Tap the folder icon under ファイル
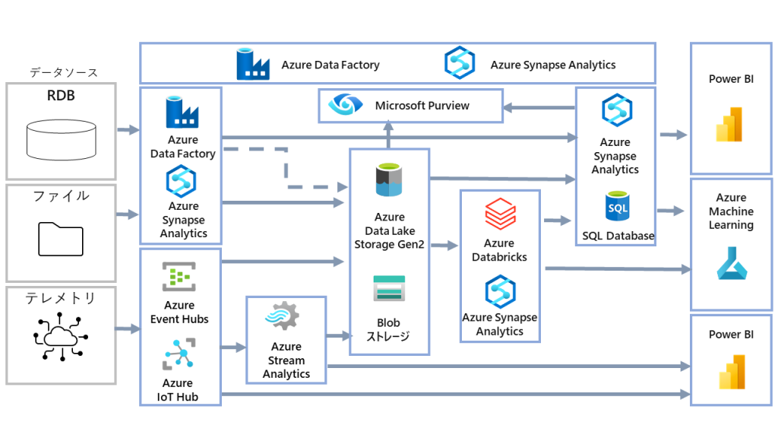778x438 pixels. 61,238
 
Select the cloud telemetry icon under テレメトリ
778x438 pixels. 61,335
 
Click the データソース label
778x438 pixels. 64,72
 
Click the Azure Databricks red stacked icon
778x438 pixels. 500,214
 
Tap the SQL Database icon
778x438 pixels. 617,207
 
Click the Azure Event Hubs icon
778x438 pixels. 179,277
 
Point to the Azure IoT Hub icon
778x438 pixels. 179,354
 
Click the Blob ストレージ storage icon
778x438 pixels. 389,290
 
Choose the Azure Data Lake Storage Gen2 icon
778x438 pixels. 389,180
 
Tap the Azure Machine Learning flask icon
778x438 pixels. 732,263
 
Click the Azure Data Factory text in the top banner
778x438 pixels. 330,65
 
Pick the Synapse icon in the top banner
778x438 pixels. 460,63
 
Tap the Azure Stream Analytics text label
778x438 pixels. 286,360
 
